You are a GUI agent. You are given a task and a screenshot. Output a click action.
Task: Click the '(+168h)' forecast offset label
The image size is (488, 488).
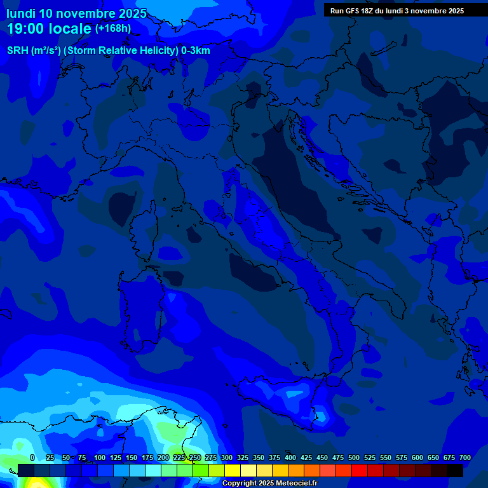point(114,29)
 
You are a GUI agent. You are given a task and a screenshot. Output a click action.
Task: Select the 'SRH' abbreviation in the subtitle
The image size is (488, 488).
point(18,50)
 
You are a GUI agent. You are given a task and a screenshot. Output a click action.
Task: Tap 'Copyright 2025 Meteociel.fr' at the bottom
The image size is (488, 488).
point(269,484)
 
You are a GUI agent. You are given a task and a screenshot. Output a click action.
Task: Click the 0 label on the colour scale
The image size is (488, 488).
point(32,457)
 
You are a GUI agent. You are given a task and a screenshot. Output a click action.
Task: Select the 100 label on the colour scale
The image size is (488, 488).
point(100,457)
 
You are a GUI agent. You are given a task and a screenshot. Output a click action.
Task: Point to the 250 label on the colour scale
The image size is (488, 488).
point(195,457)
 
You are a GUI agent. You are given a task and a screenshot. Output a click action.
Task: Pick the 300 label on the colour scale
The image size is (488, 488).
point(227,457)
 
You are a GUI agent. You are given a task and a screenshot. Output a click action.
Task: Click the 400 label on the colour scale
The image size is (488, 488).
point(290,457)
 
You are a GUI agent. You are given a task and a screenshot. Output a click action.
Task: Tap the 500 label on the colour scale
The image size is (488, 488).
point(354,457)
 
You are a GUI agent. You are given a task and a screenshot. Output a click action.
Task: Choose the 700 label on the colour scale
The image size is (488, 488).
point(465,457)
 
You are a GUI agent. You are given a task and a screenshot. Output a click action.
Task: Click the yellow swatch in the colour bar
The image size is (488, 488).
point(233,470)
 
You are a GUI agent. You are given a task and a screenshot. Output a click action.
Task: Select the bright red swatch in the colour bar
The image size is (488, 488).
point(360,470)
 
